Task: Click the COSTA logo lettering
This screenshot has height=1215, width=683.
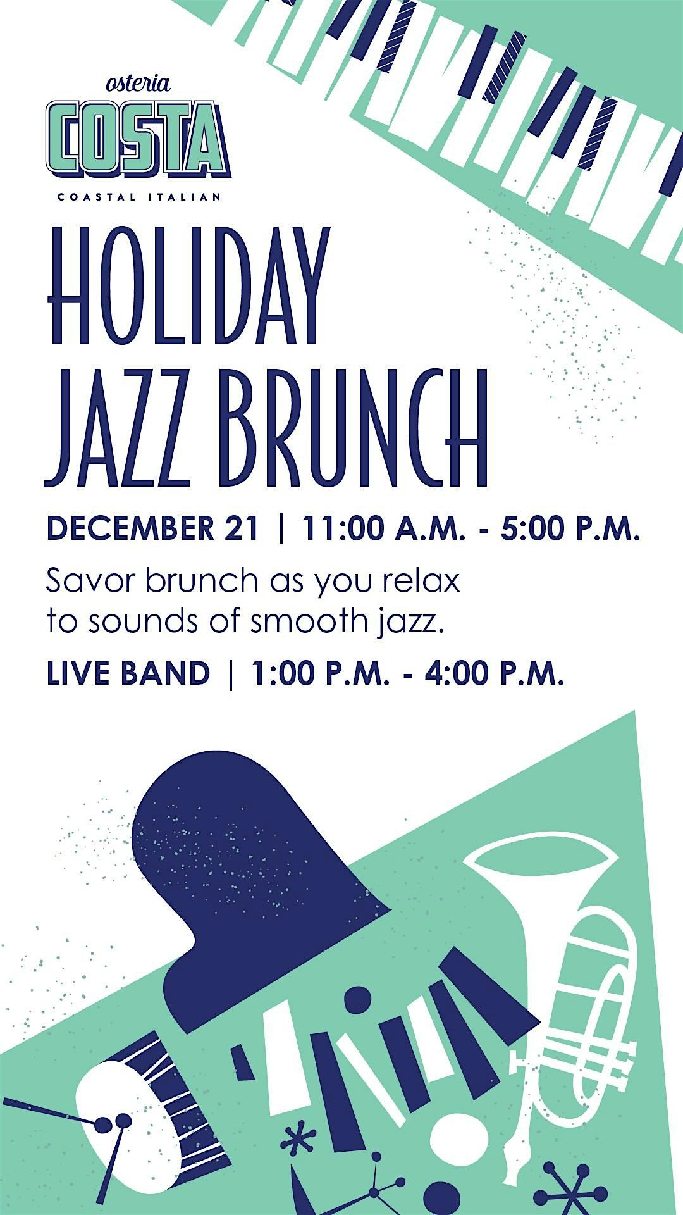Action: (138, 139)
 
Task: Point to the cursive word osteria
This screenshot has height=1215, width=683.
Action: (138, 83)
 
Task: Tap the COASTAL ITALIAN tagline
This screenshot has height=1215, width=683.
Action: (139, 197)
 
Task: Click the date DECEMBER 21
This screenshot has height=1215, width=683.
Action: (152, 528)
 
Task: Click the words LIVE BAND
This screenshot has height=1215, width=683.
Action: (128, 673)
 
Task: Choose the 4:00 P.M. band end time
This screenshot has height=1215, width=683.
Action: (494, 673)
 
